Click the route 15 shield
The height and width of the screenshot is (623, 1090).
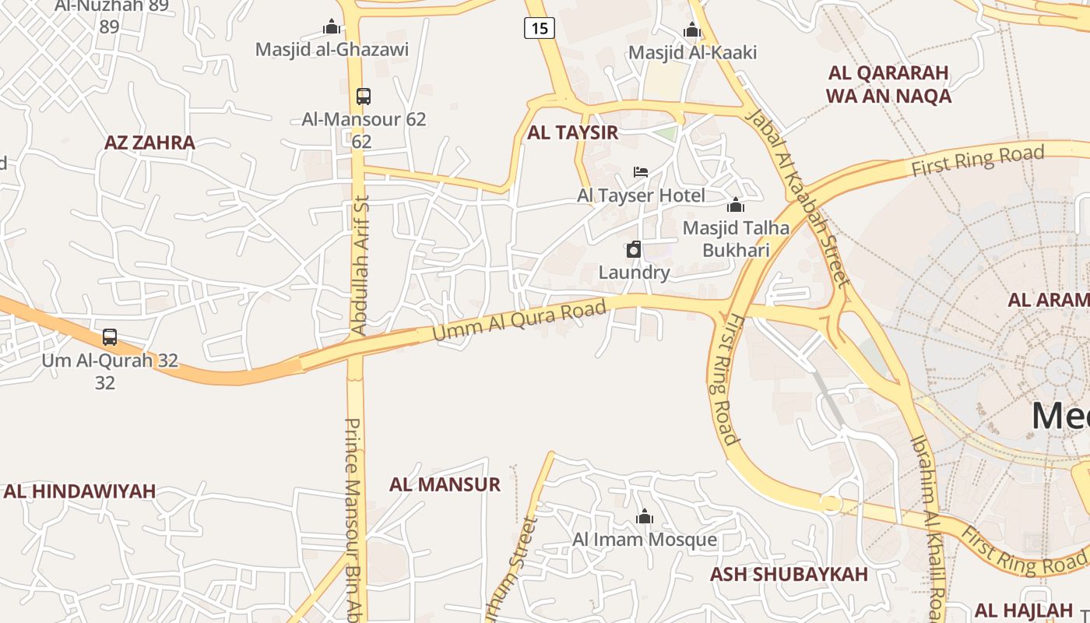539,29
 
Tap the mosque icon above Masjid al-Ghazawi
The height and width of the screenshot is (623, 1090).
332,27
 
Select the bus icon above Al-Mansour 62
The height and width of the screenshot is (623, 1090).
363,97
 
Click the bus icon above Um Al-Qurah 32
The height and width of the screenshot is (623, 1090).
110,337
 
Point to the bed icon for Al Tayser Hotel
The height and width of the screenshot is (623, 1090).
641,171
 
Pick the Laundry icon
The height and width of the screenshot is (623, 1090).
634,249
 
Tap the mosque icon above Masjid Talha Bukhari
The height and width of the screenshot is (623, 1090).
735,205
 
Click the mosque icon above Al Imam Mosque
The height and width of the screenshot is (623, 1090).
644,516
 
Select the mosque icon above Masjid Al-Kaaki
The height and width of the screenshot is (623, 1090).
691,30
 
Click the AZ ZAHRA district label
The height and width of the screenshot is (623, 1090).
149,143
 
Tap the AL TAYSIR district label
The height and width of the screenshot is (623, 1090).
572,132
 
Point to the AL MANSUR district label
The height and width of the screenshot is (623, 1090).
445,484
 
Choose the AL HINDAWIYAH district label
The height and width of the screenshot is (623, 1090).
79,491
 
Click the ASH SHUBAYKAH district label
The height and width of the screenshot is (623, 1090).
788,575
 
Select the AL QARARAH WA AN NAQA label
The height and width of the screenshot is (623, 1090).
888,84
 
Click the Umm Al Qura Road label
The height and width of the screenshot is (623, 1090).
519,321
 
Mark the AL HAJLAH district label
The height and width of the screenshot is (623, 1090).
1023,610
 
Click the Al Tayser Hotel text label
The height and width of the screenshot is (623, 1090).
641,195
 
